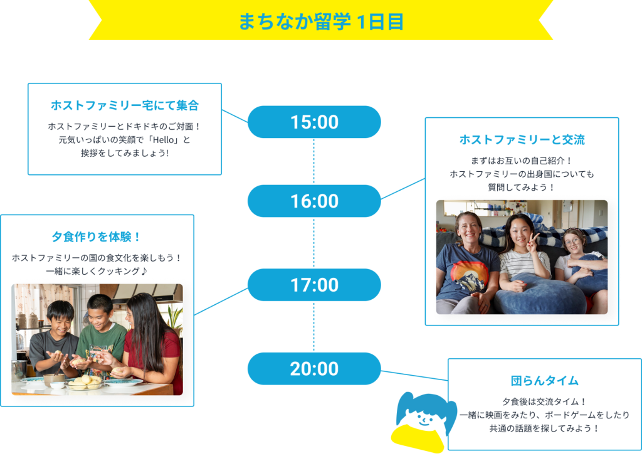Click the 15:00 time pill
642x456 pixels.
314,122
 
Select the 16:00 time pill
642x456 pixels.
314,201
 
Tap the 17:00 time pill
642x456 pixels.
314,285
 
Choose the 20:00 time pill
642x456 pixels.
314,369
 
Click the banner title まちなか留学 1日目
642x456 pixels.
321,22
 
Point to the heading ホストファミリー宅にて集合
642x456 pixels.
125,105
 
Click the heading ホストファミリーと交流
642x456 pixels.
522,140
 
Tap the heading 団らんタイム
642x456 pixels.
545,381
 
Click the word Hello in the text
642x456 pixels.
164,140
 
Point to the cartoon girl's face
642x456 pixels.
424,419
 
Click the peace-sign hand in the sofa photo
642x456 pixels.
533,242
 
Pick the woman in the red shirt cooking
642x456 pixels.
152,340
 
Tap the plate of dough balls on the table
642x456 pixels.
85,382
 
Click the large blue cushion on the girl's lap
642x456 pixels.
539,294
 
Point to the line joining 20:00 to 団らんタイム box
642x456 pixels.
414,376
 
